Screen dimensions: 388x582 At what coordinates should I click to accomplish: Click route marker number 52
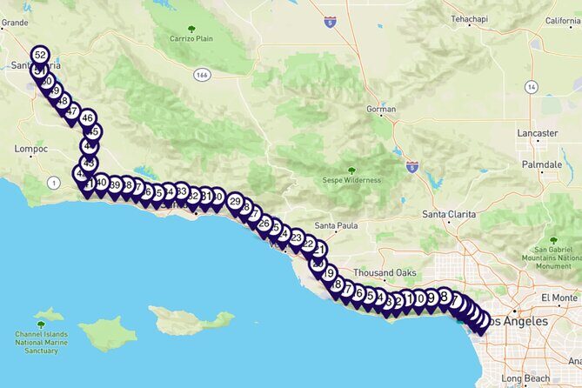tap(40, 55)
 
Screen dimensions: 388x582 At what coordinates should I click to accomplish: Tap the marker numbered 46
tap(87, 117)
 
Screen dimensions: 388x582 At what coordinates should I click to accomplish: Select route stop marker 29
tap(235, 201)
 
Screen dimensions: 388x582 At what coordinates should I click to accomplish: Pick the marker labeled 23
tap(297, 237)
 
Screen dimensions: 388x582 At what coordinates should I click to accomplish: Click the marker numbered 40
tap(101, 183)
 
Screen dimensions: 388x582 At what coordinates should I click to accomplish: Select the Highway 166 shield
tap(203, 75)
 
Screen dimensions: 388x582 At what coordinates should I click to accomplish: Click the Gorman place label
tap(380, 110)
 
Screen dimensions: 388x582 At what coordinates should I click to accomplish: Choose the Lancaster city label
tap(537, 133)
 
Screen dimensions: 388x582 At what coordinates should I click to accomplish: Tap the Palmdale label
tap(540, 164)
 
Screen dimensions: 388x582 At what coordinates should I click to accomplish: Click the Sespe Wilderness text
tap(351, 180)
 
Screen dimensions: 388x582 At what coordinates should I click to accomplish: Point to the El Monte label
tap(559, 298)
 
